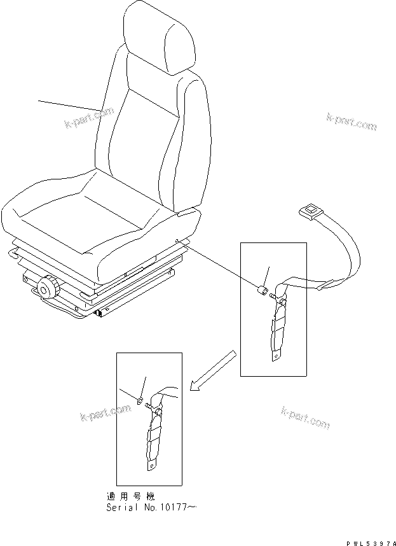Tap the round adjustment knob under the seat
[x=48, y=288]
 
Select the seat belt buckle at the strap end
[x=311, y=211]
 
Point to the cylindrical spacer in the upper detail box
[x=261, y=291]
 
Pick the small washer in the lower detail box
[x=139, y=400]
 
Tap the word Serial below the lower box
[x=120, y=508]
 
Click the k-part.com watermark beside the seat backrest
[x=89, y=117]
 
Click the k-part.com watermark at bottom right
[x=305, y=417]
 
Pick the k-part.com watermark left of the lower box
[x=105, y=414]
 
